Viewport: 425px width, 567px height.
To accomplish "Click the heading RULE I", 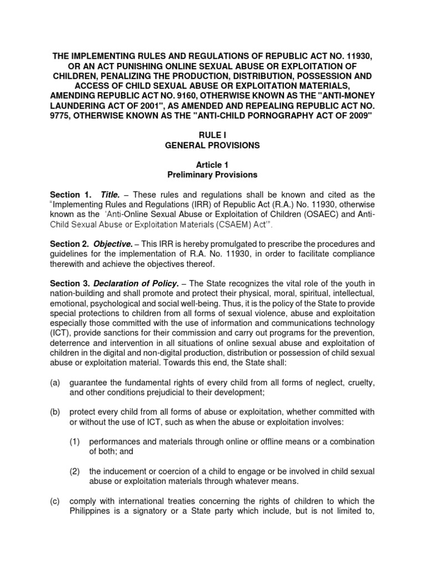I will coord(212,135).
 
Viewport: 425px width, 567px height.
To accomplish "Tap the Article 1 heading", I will coord(212,165).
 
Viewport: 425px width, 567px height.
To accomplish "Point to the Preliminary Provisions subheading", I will coord(212,174).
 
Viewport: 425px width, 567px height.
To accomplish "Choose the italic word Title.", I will coord(112,195).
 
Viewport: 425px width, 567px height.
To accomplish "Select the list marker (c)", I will coord(55,502).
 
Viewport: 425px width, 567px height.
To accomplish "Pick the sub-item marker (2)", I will coord(75,471).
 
